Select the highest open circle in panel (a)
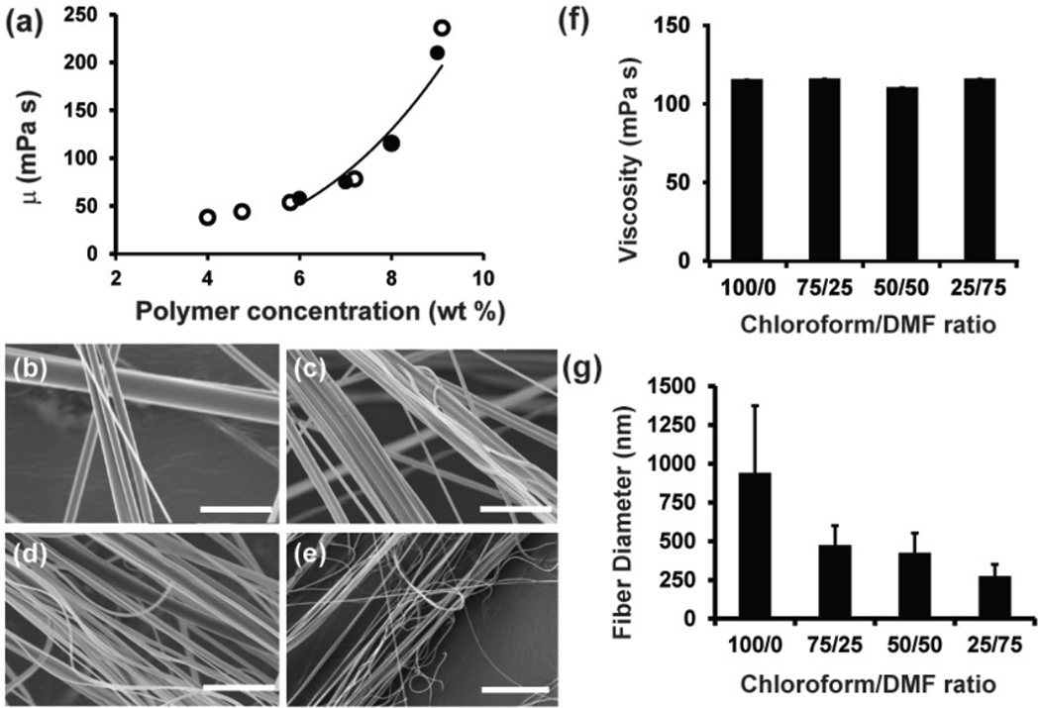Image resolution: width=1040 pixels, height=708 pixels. coord(442,29)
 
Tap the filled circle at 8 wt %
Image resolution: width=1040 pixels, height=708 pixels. coord(391,144)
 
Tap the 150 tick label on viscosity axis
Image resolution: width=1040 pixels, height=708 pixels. coord(678,26)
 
